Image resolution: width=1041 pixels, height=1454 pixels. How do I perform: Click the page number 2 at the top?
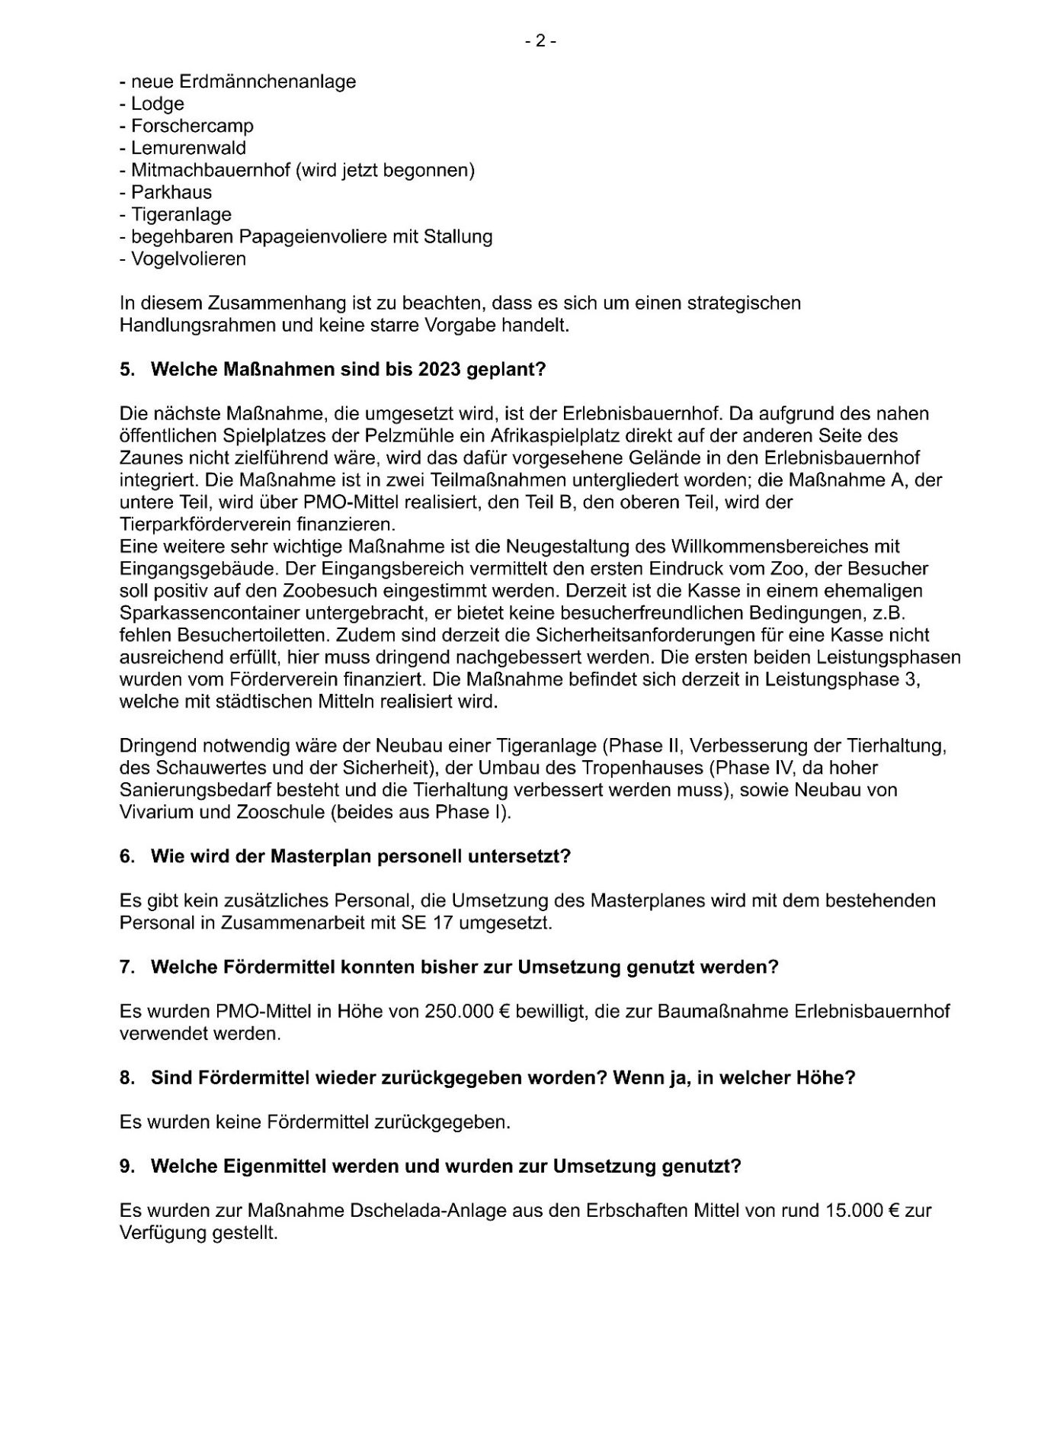540,42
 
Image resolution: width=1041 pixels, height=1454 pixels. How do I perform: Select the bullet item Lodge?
157,104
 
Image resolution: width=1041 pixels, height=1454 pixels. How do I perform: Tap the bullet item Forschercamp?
192,126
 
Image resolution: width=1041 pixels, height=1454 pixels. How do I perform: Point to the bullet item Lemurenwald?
188,148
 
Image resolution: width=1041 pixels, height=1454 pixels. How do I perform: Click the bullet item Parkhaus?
171,192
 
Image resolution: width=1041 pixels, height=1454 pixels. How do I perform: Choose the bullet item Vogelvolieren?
188,258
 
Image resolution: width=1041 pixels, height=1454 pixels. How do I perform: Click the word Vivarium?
153,812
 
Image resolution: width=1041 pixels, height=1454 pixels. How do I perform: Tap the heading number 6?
126,856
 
